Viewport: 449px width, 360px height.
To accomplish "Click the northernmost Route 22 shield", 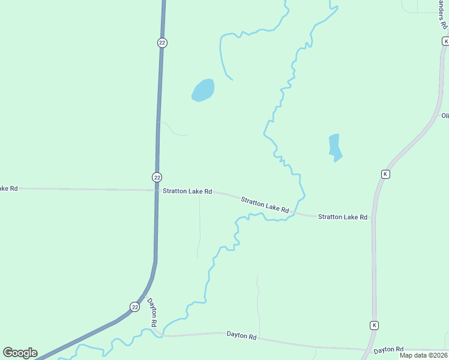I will click(x=162, y=43).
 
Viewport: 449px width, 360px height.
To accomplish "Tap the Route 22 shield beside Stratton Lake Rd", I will click(x=157, y=177).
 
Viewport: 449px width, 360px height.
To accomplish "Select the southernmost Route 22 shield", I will click(x=134, y=307).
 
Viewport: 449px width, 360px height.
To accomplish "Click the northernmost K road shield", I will click(x=445, y=41).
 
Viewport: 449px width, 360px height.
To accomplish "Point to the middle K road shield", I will click(x=385, y=174).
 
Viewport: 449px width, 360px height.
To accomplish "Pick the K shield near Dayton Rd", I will click(x=373, y=325).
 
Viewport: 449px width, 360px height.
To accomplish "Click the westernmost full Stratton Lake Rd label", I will click(x=187, y=191).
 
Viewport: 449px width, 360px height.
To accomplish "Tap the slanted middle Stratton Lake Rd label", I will click(x=265, y=205).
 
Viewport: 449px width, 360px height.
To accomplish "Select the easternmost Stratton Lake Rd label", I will click(x=342, y=217).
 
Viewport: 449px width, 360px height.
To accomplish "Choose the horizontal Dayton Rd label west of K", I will click(x=241, y=336).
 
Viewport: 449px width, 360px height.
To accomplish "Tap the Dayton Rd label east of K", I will click(x=388, y=349).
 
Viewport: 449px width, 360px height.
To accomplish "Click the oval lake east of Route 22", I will click(x=203, y=90).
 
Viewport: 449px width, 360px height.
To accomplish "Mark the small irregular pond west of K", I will click(x=335, y=148).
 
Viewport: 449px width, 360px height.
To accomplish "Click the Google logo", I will click(x=20, y=353).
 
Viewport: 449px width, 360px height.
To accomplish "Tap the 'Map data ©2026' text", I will click(x=423, y=355).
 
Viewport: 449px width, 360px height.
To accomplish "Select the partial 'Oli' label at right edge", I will click(x=445, y=115).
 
